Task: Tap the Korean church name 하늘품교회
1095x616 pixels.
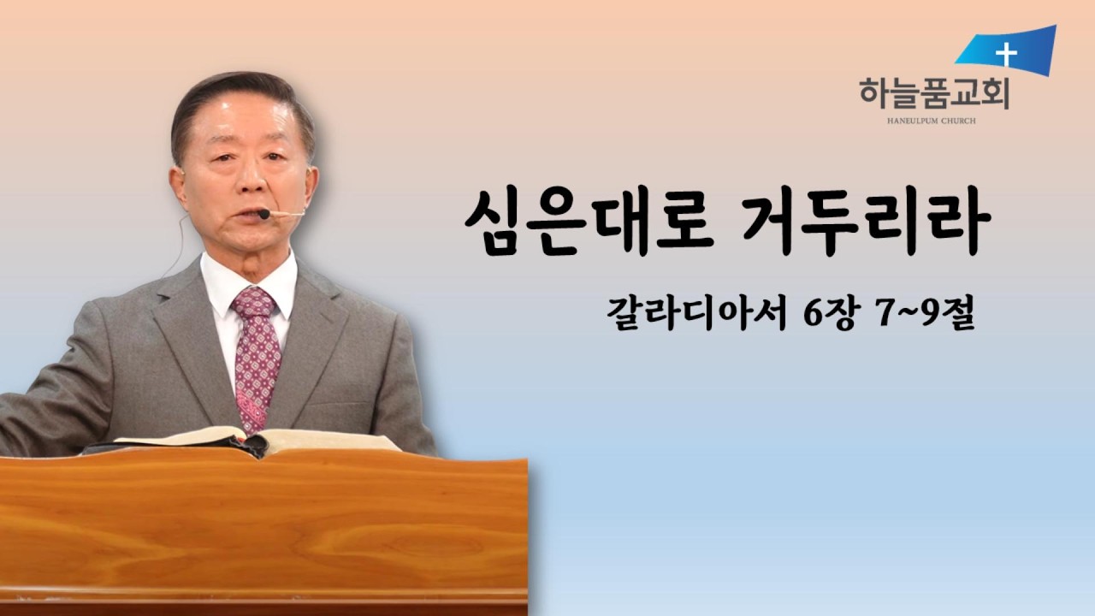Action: pos(934,92)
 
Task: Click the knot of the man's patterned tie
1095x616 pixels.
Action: pos(254,304)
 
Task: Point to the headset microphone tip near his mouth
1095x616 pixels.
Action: pos(264,214)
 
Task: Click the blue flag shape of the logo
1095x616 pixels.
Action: pos(1009,51)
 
